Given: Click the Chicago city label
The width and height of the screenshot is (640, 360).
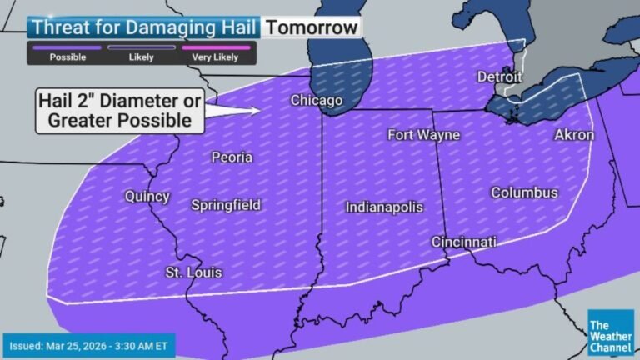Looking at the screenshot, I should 316,101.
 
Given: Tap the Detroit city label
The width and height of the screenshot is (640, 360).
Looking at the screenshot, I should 499,77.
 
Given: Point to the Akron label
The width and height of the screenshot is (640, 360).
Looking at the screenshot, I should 574,134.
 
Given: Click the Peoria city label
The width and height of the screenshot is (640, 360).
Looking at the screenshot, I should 232,157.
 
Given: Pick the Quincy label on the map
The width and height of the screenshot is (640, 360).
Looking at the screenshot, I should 147,197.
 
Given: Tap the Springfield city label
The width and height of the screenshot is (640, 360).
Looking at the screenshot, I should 226,204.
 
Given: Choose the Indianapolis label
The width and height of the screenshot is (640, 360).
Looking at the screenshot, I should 384,207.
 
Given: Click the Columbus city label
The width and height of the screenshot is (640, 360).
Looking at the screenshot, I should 524,192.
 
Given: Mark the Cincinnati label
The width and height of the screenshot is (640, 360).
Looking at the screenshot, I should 463,242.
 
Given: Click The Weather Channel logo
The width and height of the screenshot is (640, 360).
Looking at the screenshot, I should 610,331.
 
